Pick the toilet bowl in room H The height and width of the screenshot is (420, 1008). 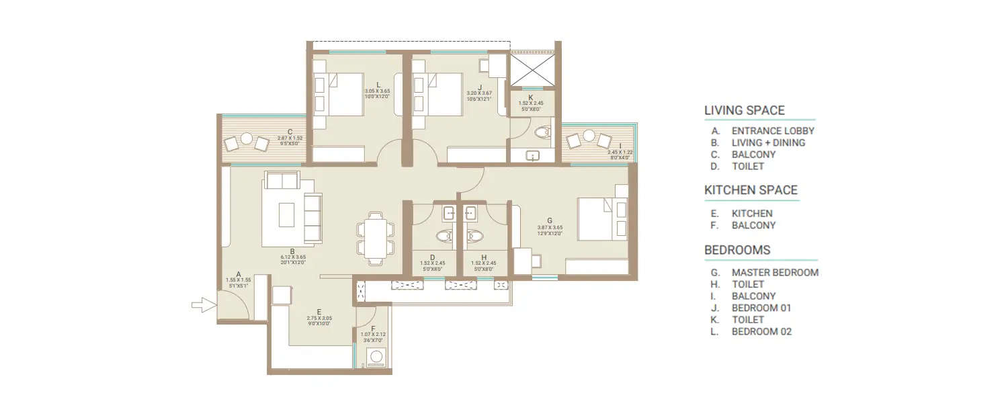click(x=475, y=236)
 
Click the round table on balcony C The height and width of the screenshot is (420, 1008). click(x=247, y=140)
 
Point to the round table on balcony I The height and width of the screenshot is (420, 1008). click(x=589, y=139)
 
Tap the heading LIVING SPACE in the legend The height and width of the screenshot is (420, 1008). click(x=744, y=110)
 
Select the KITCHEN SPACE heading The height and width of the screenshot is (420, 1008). click(x=751, y=190)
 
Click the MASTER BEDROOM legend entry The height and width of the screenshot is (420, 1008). click(x=775, y=272)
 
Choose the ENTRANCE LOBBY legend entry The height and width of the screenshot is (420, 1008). click(x=773, y=131)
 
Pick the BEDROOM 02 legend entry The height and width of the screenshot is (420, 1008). click(x=761, y=331)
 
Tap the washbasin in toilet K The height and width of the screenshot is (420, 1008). click(x=532, y=156)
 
